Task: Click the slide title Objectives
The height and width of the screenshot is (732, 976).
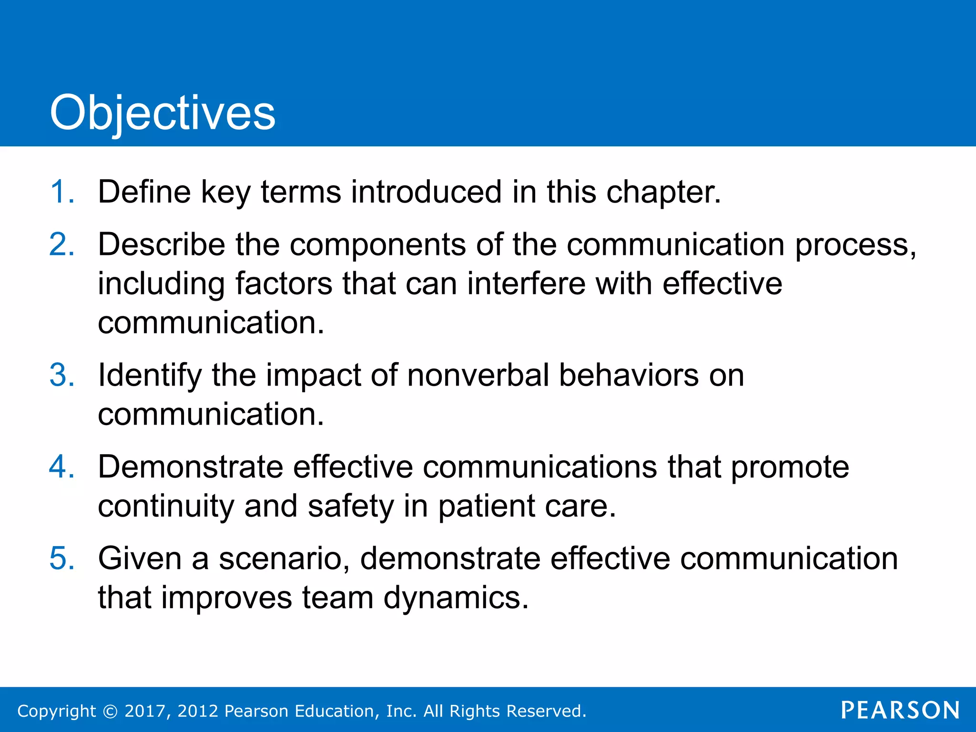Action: [x=163, y=112]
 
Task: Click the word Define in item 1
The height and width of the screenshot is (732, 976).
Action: [x=144, y=192]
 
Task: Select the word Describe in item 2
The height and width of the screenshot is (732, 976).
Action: [x=161, y=244]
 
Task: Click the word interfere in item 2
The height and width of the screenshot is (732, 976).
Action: [x=526, y=284]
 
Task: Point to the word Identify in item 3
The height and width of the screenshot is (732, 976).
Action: [x=150, y=375]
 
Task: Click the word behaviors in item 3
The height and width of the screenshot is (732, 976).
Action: [x=629, y=375]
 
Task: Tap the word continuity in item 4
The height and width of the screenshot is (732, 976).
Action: [x=166, y=506]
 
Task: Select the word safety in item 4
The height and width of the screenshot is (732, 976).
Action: [x=351, y=506]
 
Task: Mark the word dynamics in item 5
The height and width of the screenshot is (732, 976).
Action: [x=456, y=598]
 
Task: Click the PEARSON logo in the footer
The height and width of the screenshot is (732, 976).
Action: [x=900, y=710]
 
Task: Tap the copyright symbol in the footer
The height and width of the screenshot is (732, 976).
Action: [x=110, y=711]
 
